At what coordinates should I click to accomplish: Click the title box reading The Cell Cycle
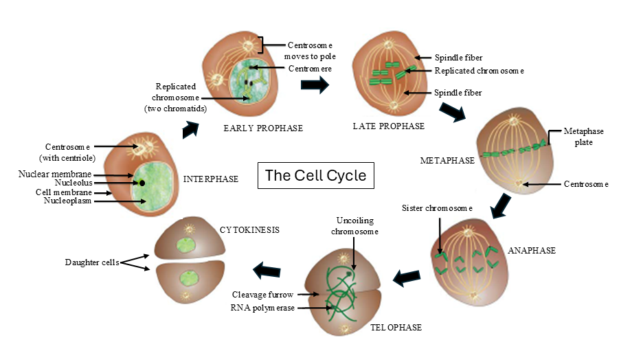(315, 175)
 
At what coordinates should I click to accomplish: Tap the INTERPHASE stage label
(211, 179)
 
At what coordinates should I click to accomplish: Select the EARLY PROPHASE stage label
(263, 128)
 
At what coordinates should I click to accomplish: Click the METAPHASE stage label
(447, 161)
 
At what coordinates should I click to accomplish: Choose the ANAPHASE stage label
(531, 251)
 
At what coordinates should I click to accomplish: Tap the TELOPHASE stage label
(395, 328)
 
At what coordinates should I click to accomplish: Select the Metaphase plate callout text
(578, 136)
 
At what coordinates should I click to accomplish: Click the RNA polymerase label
(262, 308)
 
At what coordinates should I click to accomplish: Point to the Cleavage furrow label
(264, 295)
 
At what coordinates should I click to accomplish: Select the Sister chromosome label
(438, 207)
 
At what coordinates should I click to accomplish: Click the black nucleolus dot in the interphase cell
(142, 183)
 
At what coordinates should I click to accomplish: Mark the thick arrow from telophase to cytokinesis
(267, 271)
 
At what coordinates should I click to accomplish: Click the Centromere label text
(310, 69)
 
